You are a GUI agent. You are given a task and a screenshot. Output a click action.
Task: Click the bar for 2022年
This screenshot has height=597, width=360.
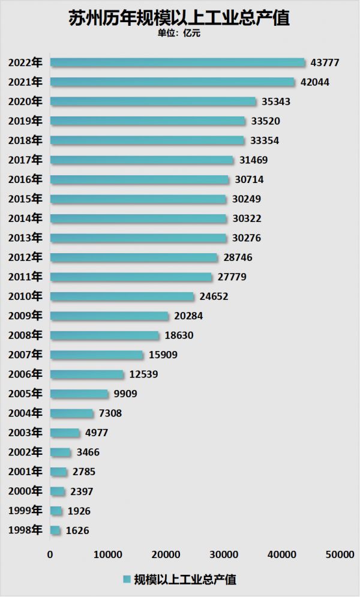pos(178,62)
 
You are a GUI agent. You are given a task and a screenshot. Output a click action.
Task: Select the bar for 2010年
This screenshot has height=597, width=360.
pos(122,296)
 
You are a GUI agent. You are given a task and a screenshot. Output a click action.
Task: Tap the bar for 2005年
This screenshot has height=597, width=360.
pos(79,394)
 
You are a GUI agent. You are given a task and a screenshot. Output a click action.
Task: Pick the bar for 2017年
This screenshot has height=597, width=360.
pos(142,160)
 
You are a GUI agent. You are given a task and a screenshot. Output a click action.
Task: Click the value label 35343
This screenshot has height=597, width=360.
pos(276,101)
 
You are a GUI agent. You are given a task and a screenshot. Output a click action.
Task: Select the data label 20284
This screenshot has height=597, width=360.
pos(188,316)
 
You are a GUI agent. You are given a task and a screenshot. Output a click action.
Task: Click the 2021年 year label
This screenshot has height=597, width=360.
pos(25,82)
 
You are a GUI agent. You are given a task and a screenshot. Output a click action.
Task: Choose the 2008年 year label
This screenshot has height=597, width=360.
pos(25,335)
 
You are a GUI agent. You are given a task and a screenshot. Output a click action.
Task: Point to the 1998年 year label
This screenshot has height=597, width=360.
pos(25,530)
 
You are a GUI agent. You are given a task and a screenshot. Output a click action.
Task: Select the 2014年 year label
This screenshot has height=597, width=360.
pos(25,218)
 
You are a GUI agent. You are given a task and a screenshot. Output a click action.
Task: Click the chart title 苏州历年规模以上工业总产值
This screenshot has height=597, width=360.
pos(179,18)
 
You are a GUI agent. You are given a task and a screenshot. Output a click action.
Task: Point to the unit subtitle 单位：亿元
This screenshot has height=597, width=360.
pos(179,34)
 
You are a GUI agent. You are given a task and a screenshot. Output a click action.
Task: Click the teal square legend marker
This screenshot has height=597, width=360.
pos(127,580)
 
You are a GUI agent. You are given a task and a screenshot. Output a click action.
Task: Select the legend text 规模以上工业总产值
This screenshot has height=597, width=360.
pos(185,580)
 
